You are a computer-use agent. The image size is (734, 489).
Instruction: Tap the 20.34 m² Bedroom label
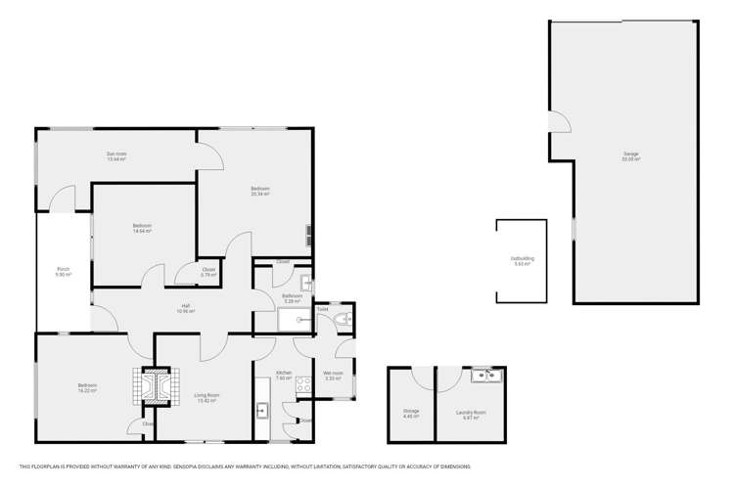pyautogui.click(x=259, y=191)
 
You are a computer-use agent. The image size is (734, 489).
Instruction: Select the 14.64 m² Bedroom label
pyautogui.click(x=142, y=228)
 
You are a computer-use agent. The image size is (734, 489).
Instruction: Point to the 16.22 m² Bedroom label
pyautogui.click(x=87, y=388)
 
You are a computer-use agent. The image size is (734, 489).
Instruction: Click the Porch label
pyautogui.click(x=63, y=274)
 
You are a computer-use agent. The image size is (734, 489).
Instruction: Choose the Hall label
pyautogui.click(x=186, y=309)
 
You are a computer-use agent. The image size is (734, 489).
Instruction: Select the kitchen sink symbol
pyautogui.click(x=262, y=411)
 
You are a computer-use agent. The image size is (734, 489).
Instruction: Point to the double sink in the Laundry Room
pyautogui.click(x=485, y=377)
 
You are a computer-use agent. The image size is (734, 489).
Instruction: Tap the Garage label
pyautogui.click(x=630, y=156)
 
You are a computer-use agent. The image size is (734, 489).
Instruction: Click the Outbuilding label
pyautogui.click(x=521, y=261)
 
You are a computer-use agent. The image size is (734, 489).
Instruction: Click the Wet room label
pyautogui.click(x=333, y=376)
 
